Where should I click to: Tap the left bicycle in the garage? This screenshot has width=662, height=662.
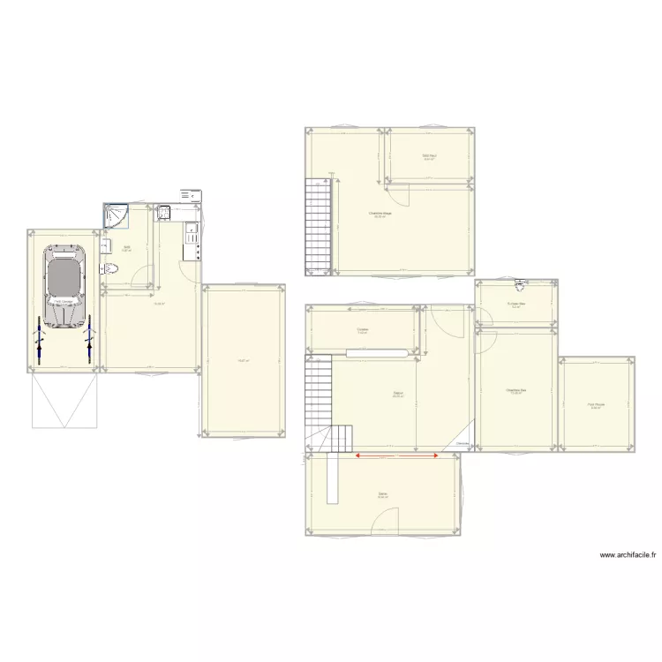point(39,340)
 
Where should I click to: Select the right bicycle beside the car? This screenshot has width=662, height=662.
point(88,340)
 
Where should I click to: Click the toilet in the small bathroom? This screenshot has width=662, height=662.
point(109,269)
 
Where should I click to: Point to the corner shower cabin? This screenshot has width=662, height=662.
point(116,217)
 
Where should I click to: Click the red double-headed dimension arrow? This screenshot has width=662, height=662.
point(397,455)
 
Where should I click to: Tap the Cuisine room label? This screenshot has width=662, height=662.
point(363,331)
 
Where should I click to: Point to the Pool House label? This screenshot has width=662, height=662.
point(595,405)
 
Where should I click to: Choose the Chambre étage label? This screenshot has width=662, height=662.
point(380,214)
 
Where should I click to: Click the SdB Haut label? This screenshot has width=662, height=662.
point(429,156)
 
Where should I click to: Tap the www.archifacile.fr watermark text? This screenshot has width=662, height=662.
point(628,555)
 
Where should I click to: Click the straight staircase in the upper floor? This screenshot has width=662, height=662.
point(317,224)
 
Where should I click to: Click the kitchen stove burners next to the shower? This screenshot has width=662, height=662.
point(164,212)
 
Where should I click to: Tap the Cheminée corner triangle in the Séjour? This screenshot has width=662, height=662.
point(463,444)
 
